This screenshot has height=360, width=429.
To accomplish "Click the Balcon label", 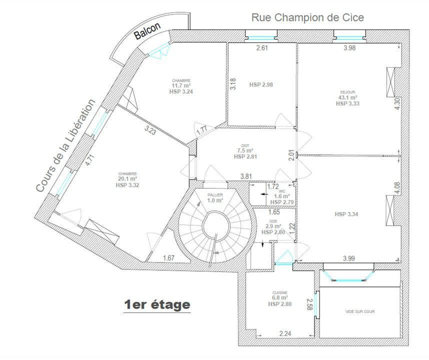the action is (x=147, y=30).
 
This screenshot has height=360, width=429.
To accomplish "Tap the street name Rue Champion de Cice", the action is (x=307, y=17).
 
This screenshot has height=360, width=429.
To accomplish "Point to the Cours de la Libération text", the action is (x=65, y=145).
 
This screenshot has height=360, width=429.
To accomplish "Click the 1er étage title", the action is (x=157, y=304).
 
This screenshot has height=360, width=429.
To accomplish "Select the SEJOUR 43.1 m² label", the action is (x=347, y=98).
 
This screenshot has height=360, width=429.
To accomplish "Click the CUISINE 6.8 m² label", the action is (x=280, y=298).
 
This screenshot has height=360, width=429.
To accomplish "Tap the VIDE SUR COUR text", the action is (x=360, y=311).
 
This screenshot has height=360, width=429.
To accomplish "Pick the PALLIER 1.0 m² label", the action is (x=215, y=198).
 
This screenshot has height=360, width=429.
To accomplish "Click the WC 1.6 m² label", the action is (x=282, y=197).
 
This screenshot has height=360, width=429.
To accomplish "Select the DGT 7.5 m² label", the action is (x=245, y=151).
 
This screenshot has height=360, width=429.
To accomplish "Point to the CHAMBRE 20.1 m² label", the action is (x=127, y=179).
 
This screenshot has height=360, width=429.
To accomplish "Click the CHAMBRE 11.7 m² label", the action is (x=181, y=86).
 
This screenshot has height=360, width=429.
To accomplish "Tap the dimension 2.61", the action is (x=262, y=48).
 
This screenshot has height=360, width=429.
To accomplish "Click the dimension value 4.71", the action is (x=90, y=160).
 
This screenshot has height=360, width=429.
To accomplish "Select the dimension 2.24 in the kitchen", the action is (x=285, y=333).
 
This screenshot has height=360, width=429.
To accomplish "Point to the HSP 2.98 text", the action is (x=261, y=85).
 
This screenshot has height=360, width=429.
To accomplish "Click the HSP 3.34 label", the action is (x=346, y=214).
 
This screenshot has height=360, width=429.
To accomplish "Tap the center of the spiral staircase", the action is (x=216, y=225).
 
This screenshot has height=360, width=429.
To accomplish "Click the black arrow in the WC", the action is (x=264, y=194).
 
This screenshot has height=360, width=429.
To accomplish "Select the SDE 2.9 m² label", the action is (x=273, y=226).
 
